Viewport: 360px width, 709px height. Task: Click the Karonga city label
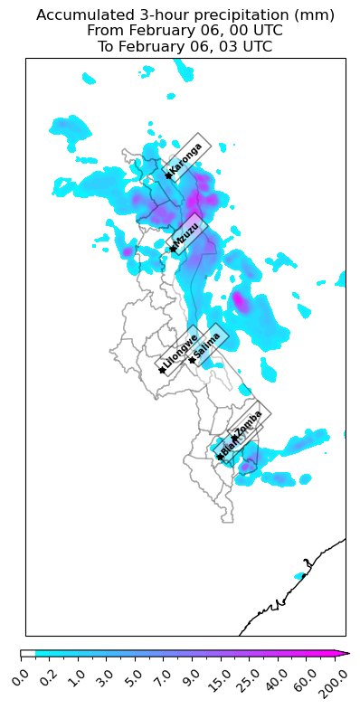186,159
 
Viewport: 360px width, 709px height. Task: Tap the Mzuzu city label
188,235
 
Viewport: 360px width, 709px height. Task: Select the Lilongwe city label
180,353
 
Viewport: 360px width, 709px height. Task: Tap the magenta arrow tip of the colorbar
346,653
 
